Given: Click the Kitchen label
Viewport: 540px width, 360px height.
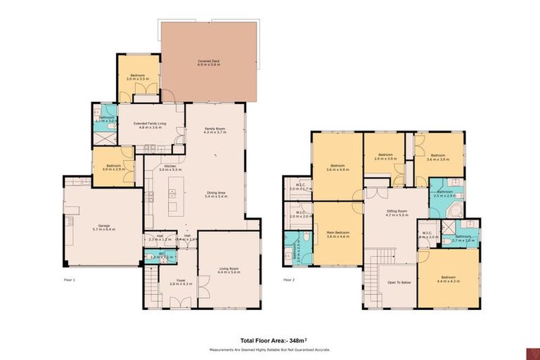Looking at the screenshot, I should point(171,167).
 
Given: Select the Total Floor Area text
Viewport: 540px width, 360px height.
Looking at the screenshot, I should point(270,340).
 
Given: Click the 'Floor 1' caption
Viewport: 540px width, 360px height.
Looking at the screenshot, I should point(69,279).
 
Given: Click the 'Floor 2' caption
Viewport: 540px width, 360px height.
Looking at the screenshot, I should point(289,279).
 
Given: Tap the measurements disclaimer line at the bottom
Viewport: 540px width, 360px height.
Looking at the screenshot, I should point(270,349).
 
